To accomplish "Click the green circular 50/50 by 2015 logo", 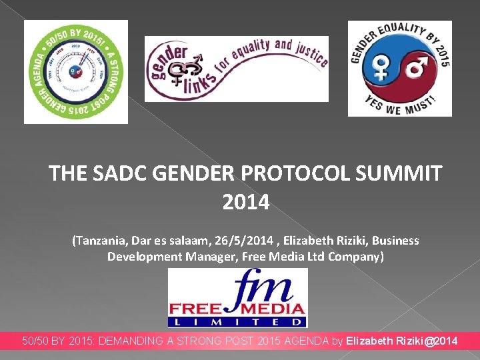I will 76,72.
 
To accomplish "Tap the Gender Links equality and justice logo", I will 237,69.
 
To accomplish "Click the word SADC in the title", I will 115,174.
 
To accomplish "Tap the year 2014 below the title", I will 246,201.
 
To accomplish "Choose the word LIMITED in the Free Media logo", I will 238,322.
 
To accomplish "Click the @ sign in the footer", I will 430,341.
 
